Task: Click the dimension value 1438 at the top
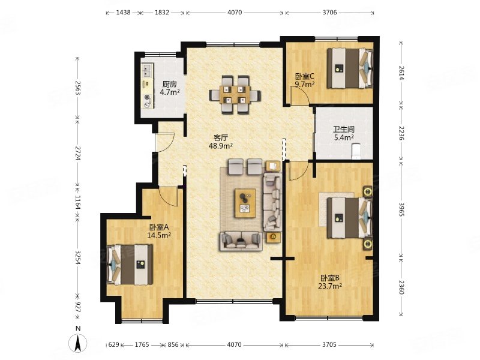point(123,13)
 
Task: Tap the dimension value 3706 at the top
point(329,13)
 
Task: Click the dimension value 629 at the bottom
point(113,344)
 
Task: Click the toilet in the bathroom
point(356,152)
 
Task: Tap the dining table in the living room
point(235,94)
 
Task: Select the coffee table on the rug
point(245,203)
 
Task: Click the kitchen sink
point(147,70)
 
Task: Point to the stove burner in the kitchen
point(148,98)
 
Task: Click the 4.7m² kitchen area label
point(170,92)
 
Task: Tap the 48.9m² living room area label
point(220,146)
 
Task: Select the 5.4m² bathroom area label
point(344,138)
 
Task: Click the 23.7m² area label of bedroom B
point(330,286)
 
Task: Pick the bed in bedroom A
point(130,265)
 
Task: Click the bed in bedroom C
point(350,68)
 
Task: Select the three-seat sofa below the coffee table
point(241,241)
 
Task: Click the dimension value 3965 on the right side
point(401,209)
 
